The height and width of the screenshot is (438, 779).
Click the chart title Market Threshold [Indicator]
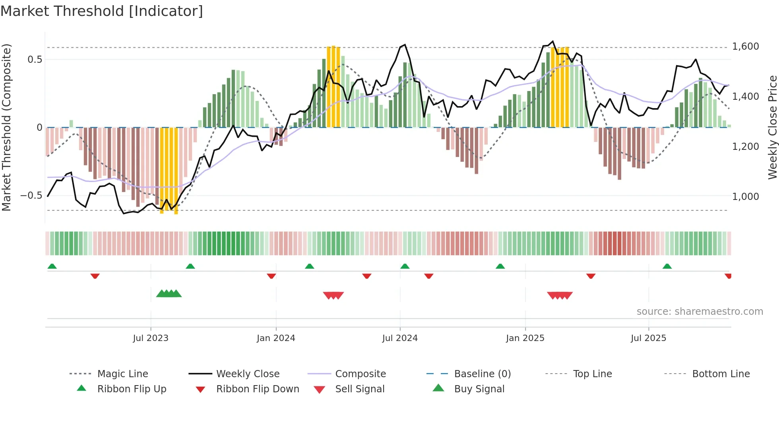[102, 11]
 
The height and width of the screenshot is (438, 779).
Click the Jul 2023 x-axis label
[151, 338]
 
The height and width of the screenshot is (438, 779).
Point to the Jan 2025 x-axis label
[525, 338]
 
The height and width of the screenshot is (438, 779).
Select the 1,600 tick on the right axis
[745, 47]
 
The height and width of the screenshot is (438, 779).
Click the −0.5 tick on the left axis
[31, 196]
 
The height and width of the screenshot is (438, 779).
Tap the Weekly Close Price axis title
[772, 127]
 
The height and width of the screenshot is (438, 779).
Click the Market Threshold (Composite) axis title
[6, 127]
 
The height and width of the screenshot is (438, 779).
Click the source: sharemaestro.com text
[700, 312]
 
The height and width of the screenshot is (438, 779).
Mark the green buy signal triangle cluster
[169, 294]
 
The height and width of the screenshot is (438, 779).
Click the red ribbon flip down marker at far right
[728, 276]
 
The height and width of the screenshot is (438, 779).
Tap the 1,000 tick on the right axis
[745, 197]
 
